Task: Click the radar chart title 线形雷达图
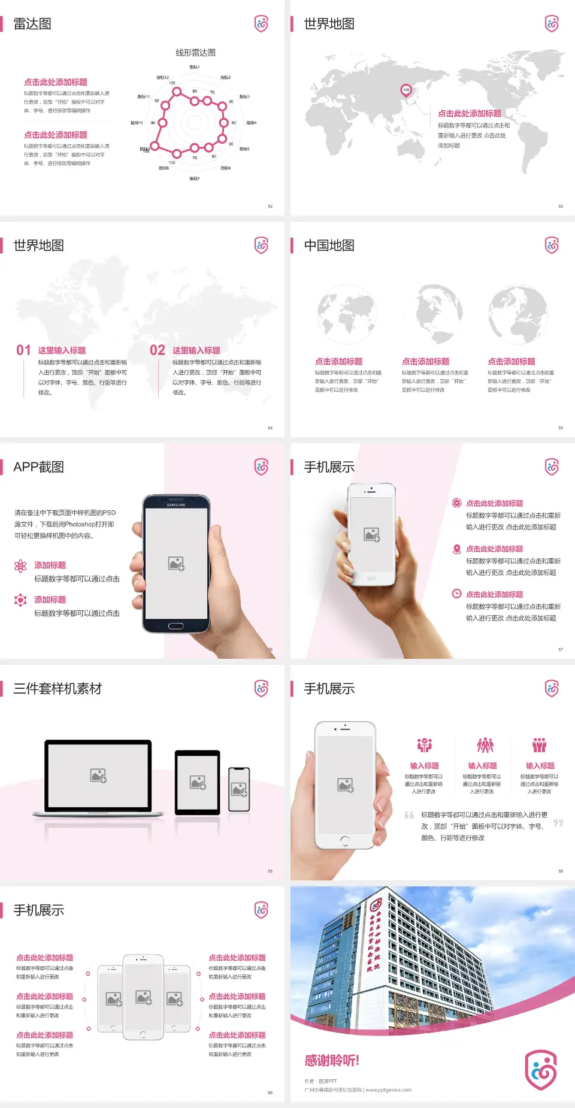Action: coord(195,53)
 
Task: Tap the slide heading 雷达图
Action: coord(32,24)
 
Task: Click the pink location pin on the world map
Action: coord(405,90)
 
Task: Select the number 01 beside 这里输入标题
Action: coord(23,350)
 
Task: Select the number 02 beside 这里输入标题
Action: coord(158,350)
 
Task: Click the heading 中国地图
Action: coord(329,246)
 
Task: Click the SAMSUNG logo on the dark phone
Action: coord(176,505)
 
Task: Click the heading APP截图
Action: coord(38,467)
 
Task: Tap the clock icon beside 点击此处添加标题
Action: coord(456,594)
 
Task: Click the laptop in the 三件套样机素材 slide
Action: coord(98,777)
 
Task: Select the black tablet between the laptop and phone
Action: coord(198,782)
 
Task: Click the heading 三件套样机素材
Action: coord(57,689)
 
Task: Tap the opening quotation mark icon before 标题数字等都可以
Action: coord(409,815)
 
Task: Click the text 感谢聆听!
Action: coord(332,1061)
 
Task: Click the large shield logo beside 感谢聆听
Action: coord(541,1070)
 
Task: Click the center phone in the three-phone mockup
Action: coord(143,997)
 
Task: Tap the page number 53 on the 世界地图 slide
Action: coord(561,206)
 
